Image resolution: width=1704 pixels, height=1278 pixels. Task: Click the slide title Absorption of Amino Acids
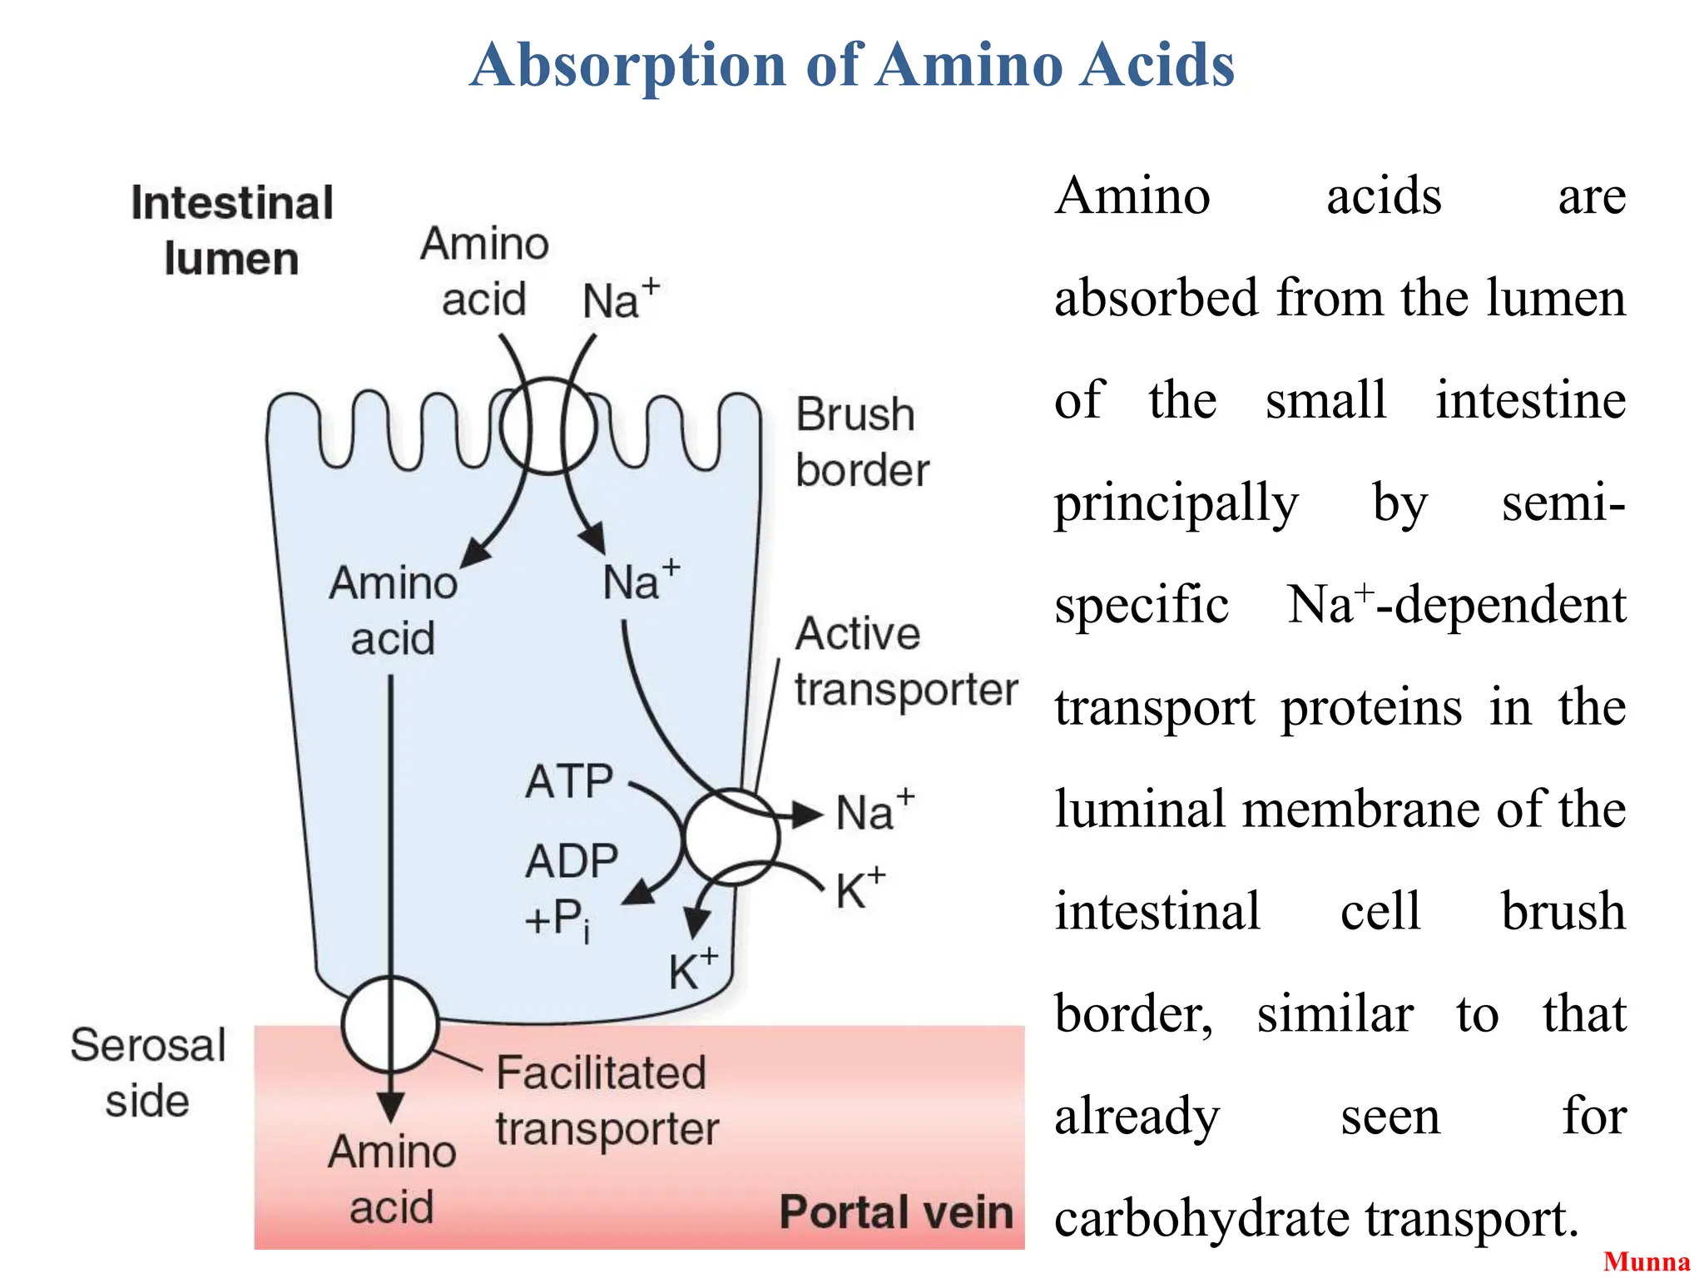pyautogui.click(x=852, y=65)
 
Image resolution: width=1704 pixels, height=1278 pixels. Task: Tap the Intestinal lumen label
pyautogui.click(x=232, y=230)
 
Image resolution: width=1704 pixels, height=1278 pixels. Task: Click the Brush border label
pyautogui.click(x=861, y=442)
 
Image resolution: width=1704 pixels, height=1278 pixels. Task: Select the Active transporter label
pyautogui.click(x=904, y=661)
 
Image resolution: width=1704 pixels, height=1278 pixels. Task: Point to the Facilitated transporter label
pyautogui.click(x=606, y=1100)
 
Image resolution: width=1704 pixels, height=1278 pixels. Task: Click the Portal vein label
pyautogui.click(x=896, y=1211)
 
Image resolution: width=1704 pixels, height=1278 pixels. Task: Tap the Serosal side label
pyautogui.click(x=148, y=1072)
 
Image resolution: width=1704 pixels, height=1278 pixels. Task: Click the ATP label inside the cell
pyautogui.click(x=569, y=782)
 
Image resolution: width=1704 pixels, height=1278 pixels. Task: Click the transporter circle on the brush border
pyautogui.click(x=548, y=426)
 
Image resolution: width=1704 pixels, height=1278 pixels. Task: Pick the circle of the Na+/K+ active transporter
pyautogui.click(x=731, y=836)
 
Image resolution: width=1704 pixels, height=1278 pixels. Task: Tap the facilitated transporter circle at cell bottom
pyautogui.click(x=390, y=1024)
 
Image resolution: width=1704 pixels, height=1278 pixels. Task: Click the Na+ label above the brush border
pyautogui.click(x=620, y=300)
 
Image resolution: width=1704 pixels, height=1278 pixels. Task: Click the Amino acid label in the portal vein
pyautogui.click(x=392, y=1179)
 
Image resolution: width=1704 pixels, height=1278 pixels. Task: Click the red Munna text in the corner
pyautogui.click(x=1647, y=1261)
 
